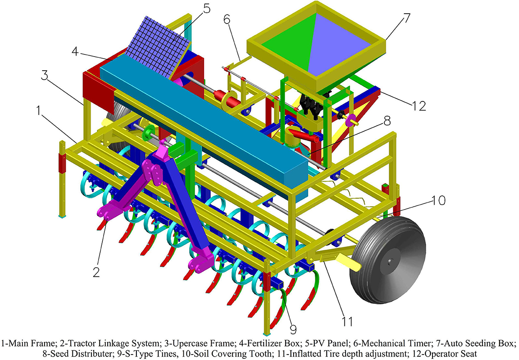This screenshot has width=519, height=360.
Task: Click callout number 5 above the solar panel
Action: point(205,9)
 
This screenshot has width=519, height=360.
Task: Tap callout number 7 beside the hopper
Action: point(405,17)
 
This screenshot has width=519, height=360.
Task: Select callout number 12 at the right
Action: point(419,106)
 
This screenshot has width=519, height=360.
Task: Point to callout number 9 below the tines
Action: point(293,329)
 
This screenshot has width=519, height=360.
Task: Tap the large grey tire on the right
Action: point(388,260)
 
